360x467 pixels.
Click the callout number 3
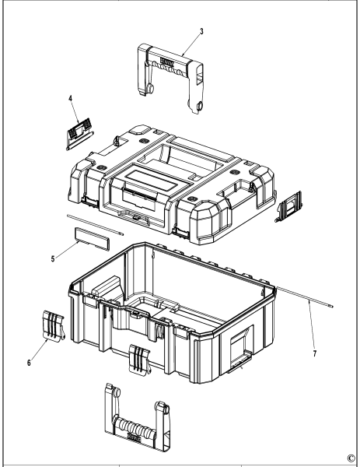tap(202, 32)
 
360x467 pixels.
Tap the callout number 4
tap(69, 99)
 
